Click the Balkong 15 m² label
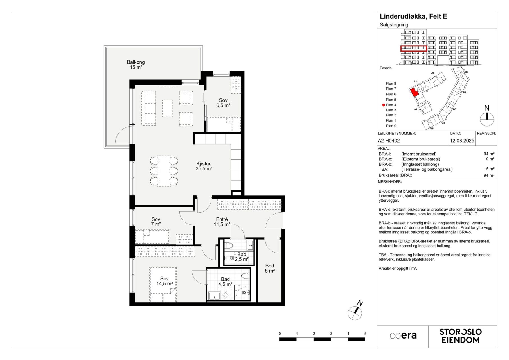click(136, 65)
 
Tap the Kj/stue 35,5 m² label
click(204, 166)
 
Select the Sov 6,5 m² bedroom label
click(223, 103)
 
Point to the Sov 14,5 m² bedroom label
click(165, 281)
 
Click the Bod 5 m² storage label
click(270, 268)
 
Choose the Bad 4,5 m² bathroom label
click(225, 282)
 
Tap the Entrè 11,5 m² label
click(222, 222)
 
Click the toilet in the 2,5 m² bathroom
click(229, 245)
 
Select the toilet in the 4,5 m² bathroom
click(246, 276)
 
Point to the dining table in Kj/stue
click(164, 171)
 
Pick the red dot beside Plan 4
click(384, 105)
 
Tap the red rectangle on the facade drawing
click(414, 49)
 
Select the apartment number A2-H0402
click(389, 141)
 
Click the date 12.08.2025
click(462, 141)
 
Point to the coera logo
click(403, 336)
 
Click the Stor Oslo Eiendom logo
click(461, 336)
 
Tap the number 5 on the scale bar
click(365, 334)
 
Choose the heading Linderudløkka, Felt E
click(413, 17)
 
